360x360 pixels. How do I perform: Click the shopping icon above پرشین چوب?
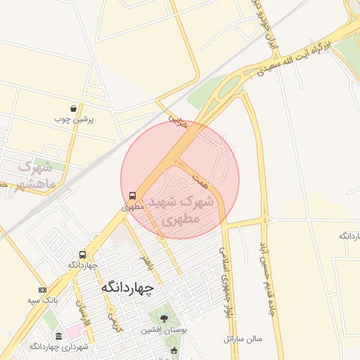pos(74,108)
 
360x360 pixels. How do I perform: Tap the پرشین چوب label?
pos(74,120)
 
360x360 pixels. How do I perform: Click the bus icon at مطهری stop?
pos(132,195)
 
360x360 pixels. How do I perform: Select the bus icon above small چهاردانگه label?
pos(83,255)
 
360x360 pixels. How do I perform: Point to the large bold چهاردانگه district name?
pos(127,288)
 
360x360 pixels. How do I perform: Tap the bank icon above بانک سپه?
pos(42,290)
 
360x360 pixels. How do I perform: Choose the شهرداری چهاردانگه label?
pos(58,347)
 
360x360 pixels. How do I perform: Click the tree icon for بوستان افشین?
pos(164,319)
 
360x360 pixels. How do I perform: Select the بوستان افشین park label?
pos(162,329)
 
